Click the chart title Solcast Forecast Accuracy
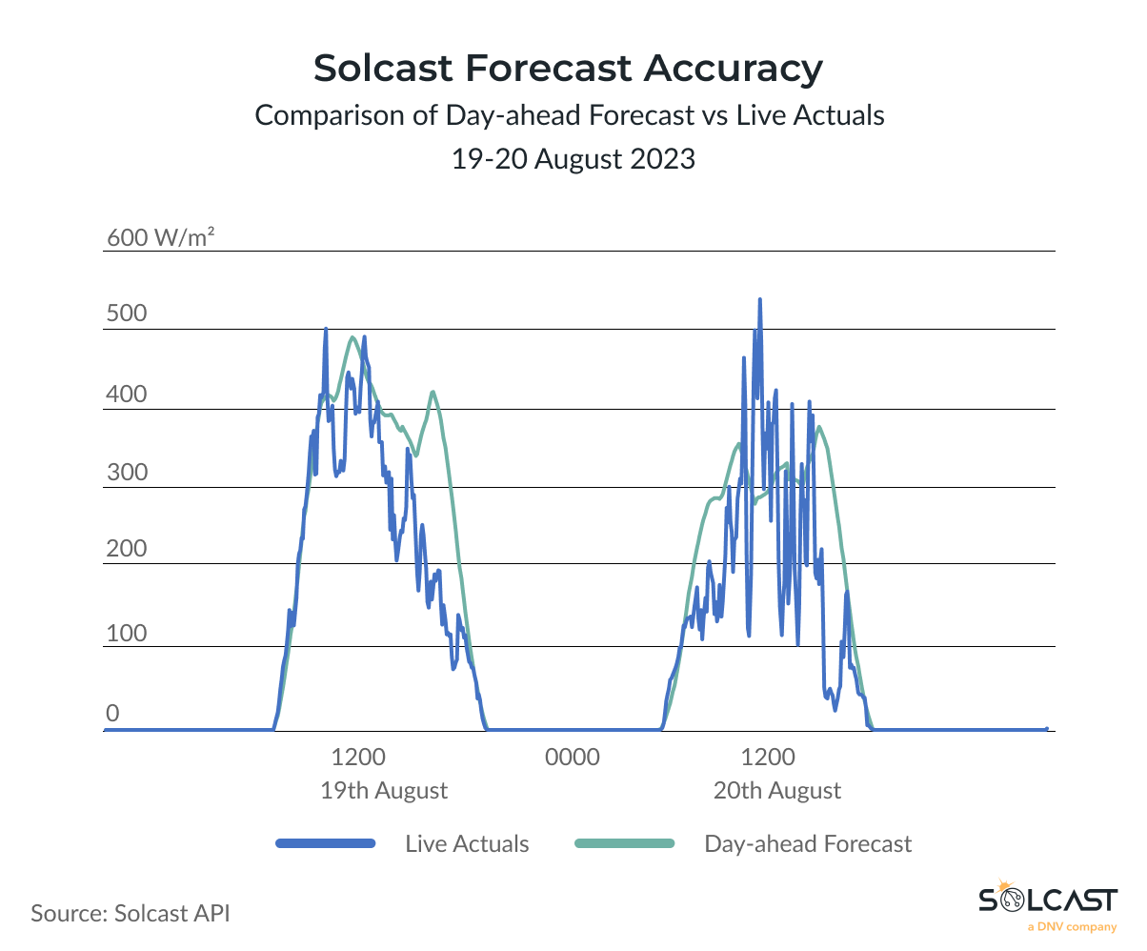pos(568,69)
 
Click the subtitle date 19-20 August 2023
pos(573,159)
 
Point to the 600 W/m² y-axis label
pos(159,238)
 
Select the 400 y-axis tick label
pos(126,395)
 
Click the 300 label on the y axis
pos(126,473)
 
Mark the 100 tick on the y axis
pos(126,632)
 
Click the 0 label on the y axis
pos(112,714)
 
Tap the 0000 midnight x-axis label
pos(573,758)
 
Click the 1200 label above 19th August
pos(358,758)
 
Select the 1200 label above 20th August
pos(768,758)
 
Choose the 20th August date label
pos(777,790)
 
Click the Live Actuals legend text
pos(467,843)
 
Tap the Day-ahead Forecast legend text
pos(808,843)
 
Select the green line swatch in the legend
pos(625,843)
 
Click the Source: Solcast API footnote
pos(131,912)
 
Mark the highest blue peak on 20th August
pos(759,300)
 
